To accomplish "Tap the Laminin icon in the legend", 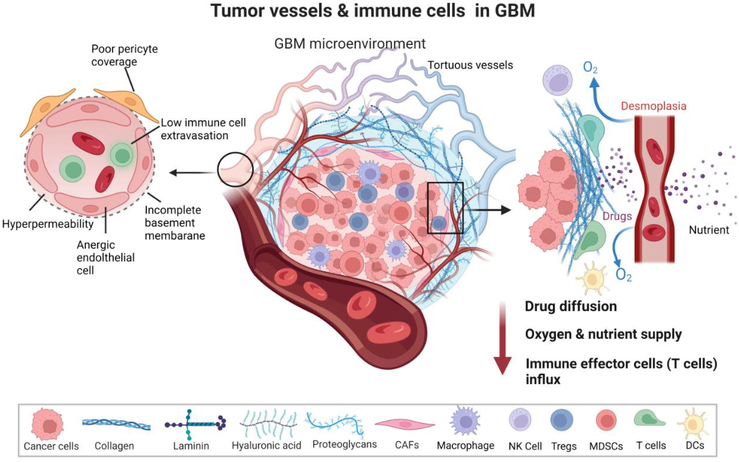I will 195,424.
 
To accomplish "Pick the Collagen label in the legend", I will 114,446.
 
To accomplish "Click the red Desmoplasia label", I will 653,106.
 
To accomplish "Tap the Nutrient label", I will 709,230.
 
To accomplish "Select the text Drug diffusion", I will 570,306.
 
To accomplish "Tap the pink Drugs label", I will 617,216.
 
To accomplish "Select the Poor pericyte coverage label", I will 124,55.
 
